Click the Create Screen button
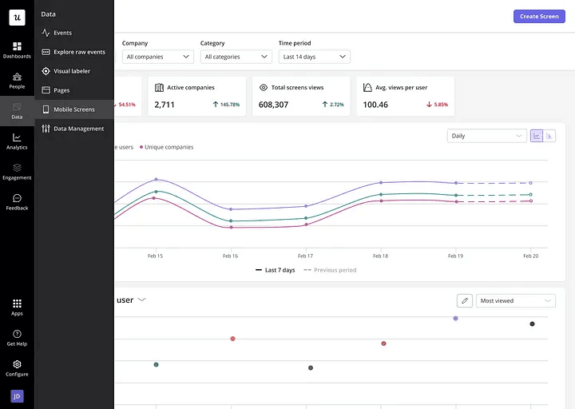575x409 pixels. tap(539, 16)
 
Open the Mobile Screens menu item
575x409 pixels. tap(73, 109)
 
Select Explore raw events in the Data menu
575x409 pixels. tap(79, 52)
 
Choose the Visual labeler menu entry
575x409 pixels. tap(72, 71)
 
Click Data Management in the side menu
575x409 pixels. tap(78, 129)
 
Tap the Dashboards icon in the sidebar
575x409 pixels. tap(17, 50)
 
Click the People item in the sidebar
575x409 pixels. tap(17, 80)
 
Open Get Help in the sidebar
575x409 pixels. tap(17, 337)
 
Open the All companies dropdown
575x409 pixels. tap(158, 57)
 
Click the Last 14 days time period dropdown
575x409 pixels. tap(315, 57)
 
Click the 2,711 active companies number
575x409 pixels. tap(165, 105)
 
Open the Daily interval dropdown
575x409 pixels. tap(486, 136)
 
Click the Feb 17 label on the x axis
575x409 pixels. tap(305, 256)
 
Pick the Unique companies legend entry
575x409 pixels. tap(167, 147)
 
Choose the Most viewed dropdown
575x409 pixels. tap(516, 300)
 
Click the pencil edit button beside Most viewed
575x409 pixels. tap(464, 300)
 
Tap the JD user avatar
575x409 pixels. tap(17, 396)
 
